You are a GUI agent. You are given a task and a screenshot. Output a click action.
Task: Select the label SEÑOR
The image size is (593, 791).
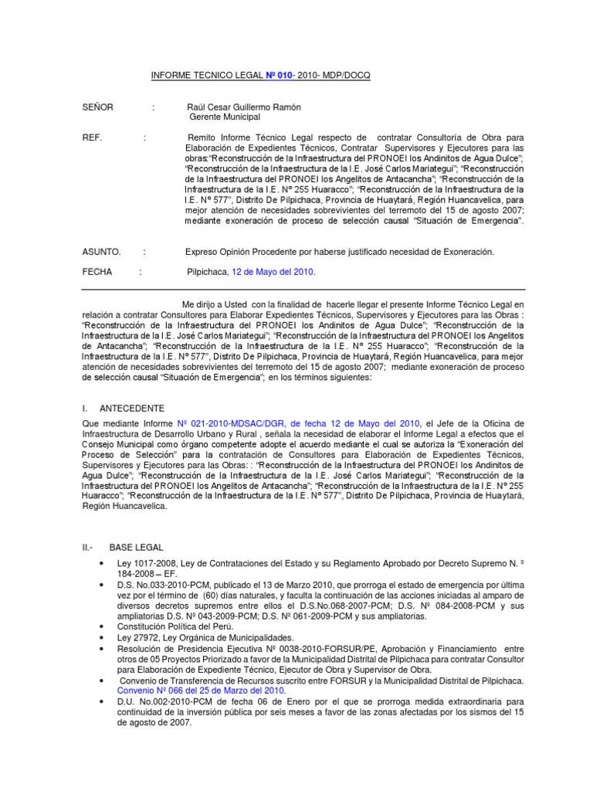[98, 107]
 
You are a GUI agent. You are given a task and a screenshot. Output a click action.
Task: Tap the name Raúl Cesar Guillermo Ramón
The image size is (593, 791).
[244, 107]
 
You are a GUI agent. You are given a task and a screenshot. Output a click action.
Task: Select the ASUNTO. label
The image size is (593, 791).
[101, 252]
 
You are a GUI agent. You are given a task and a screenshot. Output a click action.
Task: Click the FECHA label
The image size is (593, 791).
[97, 272]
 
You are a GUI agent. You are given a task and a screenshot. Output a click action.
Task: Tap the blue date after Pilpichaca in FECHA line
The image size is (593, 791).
[275, 272]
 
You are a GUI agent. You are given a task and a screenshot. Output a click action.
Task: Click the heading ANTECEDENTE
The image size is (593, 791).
[131, 408]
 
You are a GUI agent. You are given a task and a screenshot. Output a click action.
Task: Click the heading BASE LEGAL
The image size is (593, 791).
[136, 548]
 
